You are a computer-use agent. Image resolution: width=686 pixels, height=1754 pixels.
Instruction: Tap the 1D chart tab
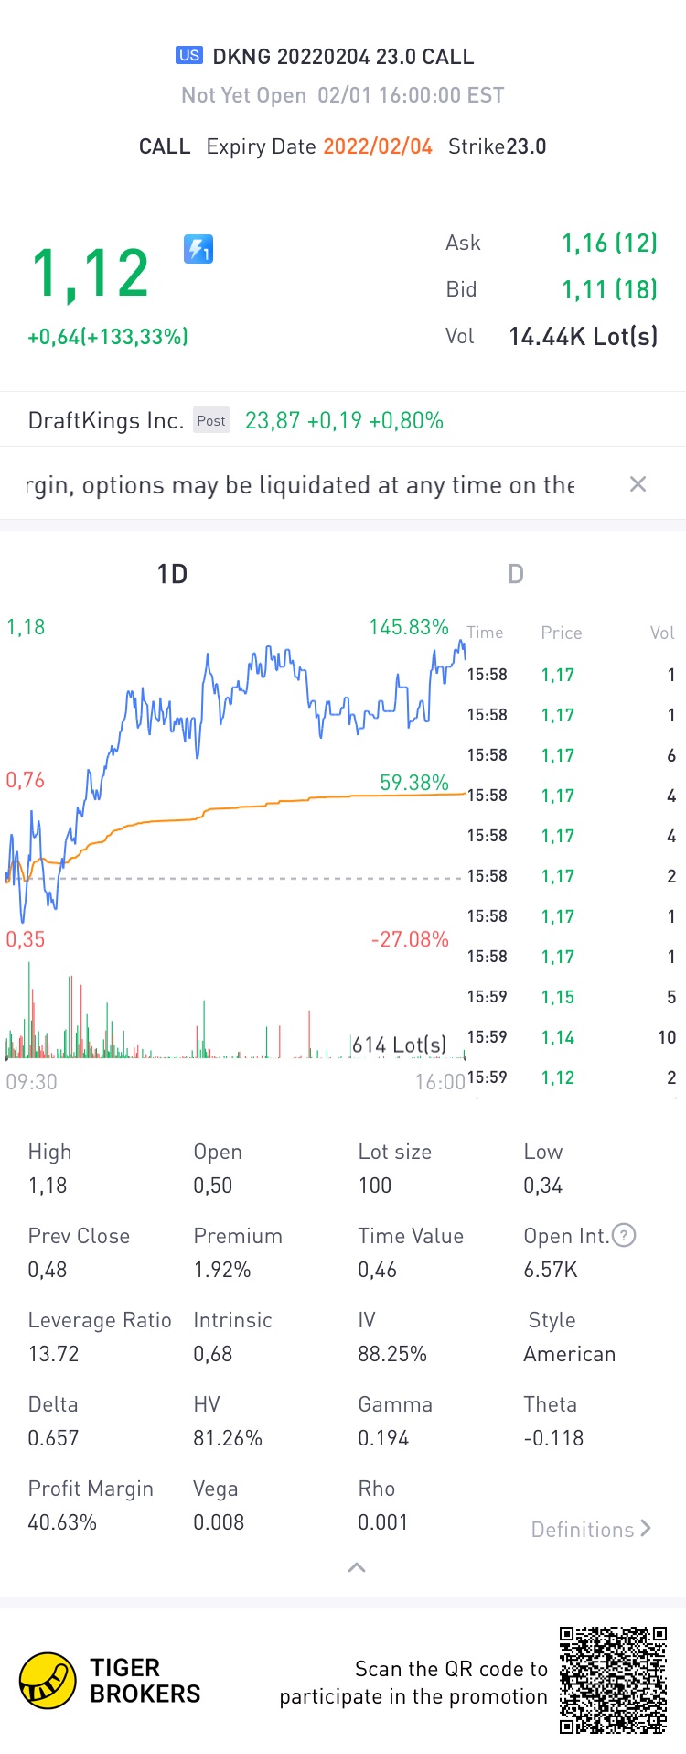pos(172,574)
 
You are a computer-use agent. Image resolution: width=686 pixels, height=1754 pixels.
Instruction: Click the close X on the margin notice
pos(638,484)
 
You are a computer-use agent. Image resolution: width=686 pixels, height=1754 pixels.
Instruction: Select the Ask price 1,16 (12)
pos(609,243)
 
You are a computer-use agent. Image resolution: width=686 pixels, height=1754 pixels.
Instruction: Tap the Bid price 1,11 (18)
pos(609,289)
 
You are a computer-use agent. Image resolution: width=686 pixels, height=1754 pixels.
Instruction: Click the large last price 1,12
pos(90,274)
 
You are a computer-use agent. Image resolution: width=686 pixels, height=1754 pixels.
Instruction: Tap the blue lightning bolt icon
pos(198,249)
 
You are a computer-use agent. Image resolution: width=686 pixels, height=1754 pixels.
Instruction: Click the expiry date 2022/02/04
pos(378,146)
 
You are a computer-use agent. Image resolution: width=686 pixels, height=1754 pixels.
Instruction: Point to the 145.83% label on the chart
pos(408,627)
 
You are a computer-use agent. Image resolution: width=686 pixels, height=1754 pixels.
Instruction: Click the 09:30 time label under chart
pos(32,1082)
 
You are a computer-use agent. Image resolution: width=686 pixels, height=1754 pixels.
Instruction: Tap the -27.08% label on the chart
pos(409,939)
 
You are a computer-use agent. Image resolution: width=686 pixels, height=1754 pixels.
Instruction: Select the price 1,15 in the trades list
pos(558,997)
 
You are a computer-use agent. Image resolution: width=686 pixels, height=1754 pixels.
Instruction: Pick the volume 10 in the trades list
pos(666,1037)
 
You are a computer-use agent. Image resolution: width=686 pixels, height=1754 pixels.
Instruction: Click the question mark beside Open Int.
pos(624,1236)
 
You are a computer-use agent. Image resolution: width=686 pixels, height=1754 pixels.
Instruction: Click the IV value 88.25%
pos(392,1354)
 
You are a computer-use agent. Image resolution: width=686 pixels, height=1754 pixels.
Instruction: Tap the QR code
pos(614,1680)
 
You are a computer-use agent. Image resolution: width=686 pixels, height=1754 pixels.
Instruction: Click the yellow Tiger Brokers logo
pos(48,1681)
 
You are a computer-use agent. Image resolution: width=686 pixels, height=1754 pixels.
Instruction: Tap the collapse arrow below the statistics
pos(357,1567)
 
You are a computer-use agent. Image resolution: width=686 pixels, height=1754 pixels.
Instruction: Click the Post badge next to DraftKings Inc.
pos(211,421)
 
